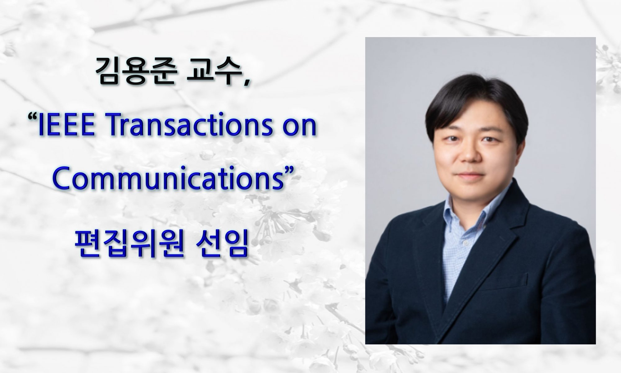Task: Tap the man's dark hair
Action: click(x=469, y=103)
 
